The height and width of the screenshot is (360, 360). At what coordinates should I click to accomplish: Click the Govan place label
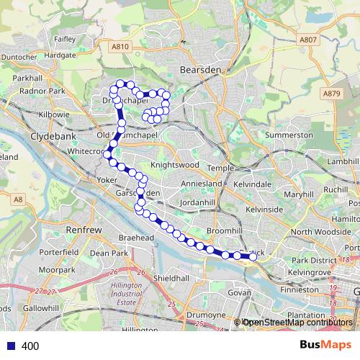(238, 293)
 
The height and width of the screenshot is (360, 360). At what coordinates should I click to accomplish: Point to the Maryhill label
(299, 194)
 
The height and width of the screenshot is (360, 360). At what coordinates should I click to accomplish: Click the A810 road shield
(120, 47)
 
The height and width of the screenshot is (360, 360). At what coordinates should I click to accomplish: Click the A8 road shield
(18, 199)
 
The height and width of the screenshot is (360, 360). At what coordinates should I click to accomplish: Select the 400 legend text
(30, 346)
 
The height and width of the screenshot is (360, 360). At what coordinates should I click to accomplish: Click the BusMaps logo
(325, 346)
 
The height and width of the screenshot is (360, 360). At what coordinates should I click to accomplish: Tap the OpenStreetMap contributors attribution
(297, 323)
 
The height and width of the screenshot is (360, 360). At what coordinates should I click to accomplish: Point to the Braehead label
(137, 237)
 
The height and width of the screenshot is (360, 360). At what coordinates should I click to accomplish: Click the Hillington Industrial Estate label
(127, 292)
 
